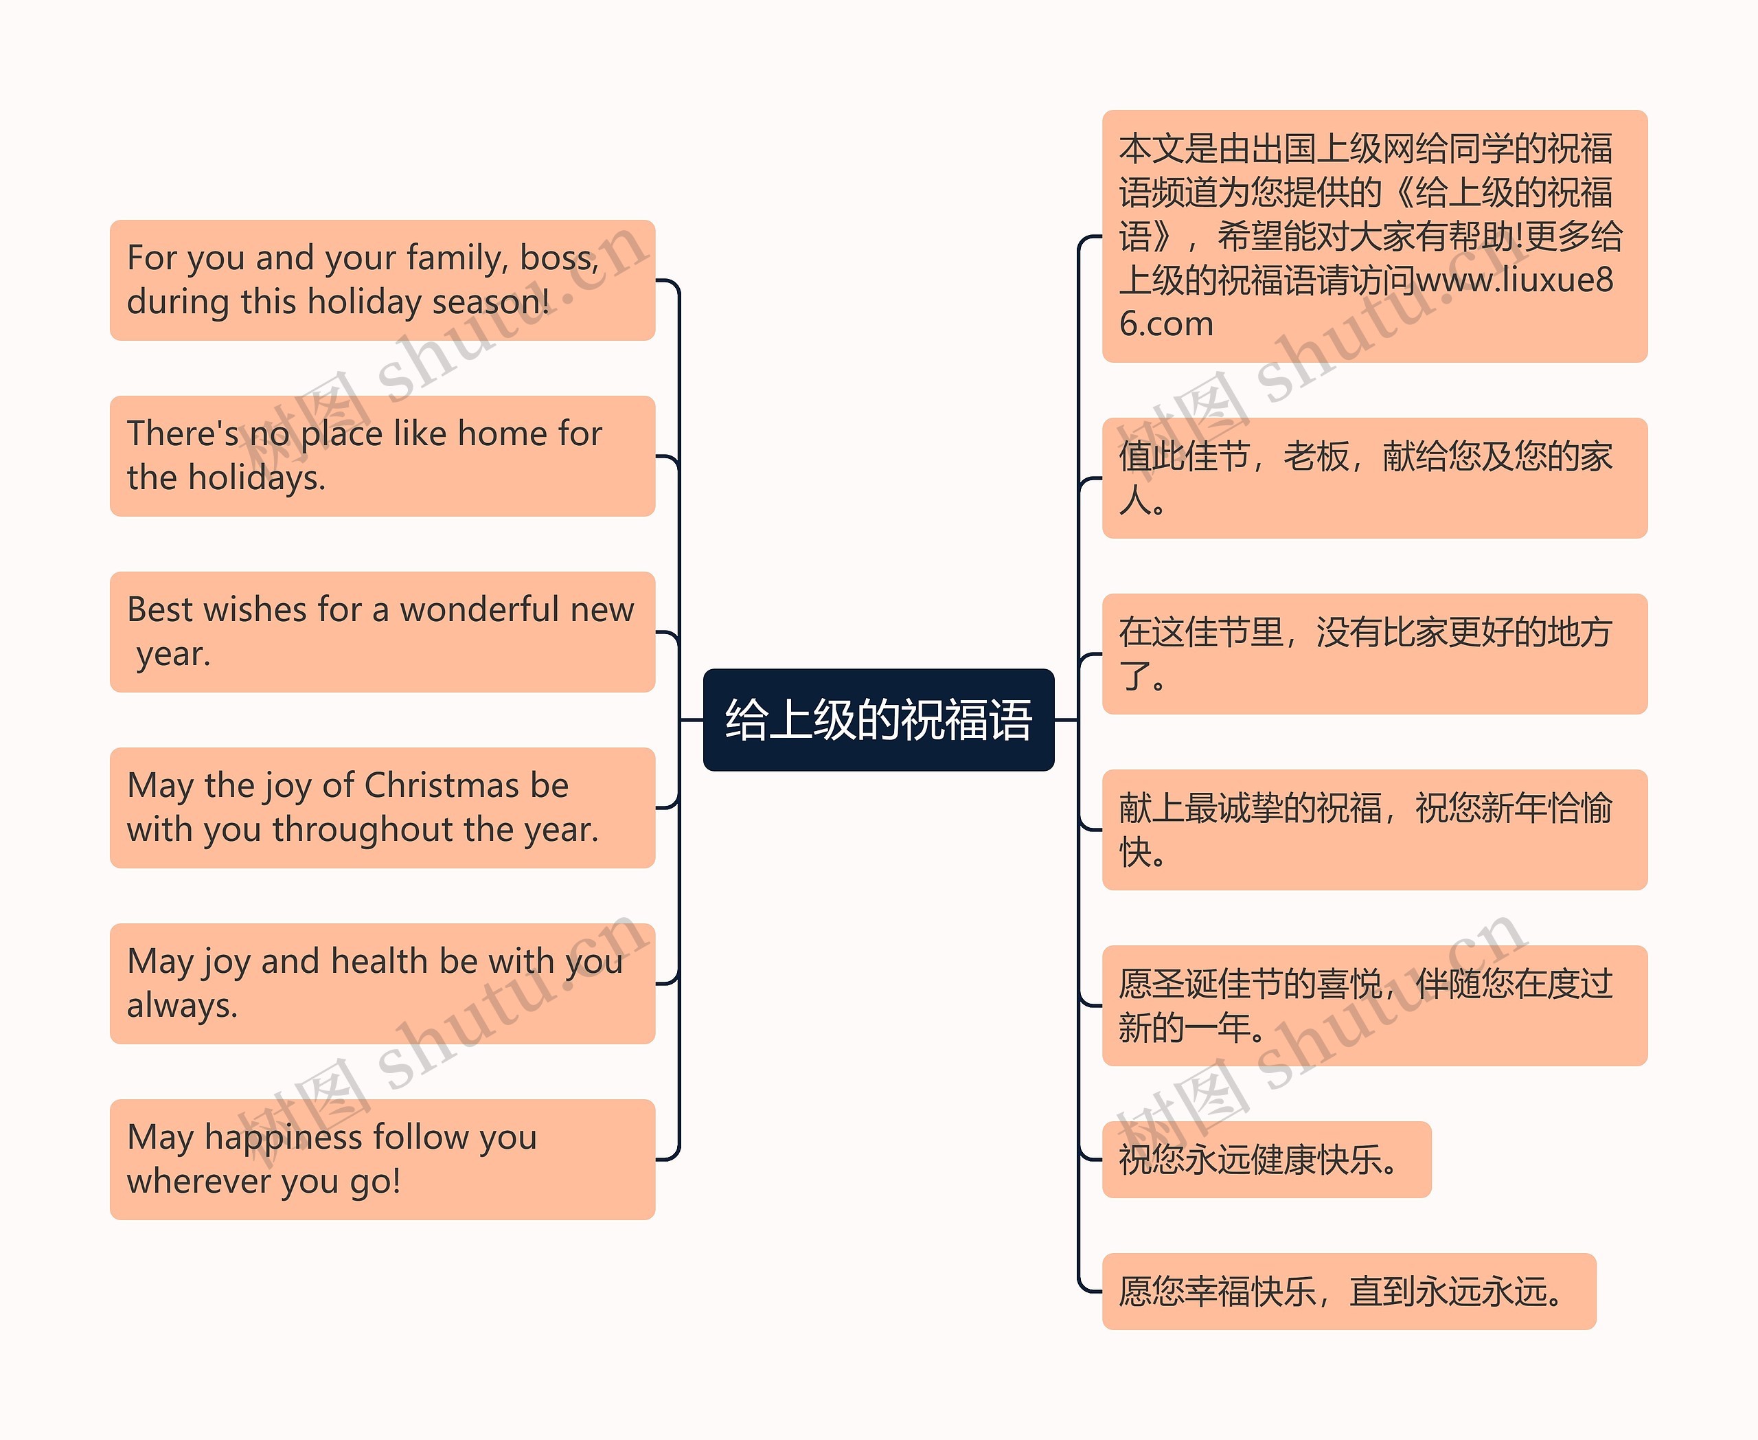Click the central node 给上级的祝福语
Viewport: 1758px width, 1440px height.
(x=878, y=719)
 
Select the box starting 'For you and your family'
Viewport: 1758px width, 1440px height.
(x=383, y=280)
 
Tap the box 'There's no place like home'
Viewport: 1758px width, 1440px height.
(x=383, y=456)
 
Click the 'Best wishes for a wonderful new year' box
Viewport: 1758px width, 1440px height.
(x=383, y=632)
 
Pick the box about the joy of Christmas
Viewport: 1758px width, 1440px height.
(x=383, y=808)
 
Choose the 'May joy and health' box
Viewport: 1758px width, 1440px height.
(x=383, y=984)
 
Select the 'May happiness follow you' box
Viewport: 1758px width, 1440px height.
(x=383, y=1160)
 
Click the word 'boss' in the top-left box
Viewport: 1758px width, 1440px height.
(x=556, y=258)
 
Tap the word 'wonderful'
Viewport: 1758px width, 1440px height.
(x=479, y=609)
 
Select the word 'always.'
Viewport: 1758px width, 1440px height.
(x=183, y=1005)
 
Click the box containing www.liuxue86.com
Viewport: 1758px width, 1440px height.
(x=1374, y=236)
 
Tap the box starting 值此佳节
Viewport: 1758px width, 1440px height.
(x=1374, y=477)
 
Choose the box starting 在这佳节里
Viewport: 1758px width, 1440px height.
(x=1374, y=653)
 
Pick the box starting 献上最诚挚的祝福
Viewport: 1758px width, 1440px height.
(x=1374, y=829)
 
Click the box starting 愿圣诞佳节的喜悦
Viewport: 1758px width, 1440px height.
(x=1374, y=1005)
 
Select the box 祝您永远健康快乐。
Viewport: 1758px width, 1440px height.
(x=1266, y=1160)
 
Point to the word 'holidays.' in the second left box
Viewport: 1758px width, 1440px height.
(x=257, y=477)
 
